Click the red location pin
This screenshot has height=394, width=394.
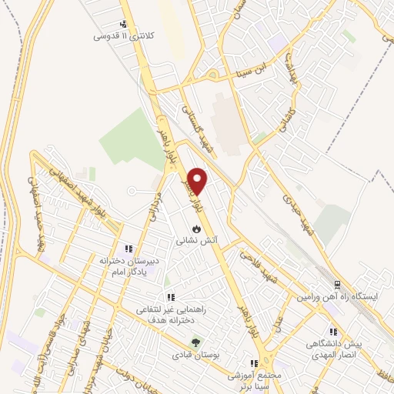(x=198, y=182)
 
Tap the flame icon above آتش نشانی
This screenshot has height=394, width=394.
(x=198, y=229)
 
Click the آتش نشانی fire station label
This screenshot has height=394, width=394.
(x=198, y=240)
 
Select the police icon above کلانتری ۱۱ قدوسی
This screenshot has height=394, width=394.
(x=125, y=24)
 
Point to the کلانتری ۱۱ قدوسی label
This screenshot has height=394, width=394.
(x=123, y=36)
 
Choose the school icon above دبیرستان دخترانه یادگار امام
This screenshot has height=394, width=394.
(x=129, y=249)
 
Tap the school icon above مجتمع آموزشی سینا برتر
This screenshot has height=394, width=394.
(x=253, y=363)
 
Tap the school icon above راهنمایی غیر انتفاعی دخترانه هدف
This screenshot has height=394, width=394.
(x=171, y=297)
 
